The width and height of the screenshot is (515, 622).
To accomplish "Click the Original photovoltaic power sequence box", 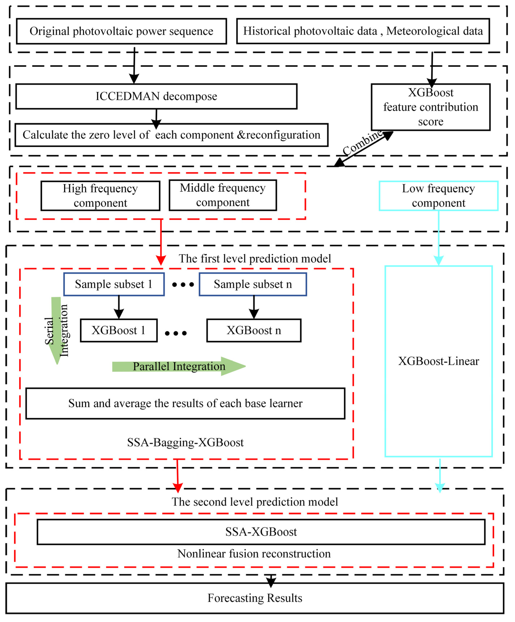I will coord(121,31).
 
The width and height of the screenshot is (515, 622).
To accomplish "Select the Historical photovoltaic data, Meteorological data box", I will coord(363,31).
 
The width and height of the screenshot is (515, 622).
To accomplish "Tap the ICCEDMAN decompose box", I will coord(156,96).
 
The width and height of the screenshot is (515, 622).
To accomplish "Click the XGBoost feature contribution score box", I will coord(431,107).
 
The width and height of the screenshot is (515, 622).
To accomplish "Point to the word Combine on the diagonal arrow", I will coord(363,143).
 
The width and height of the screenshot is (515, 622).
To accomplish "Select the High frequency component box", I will coord(100,196).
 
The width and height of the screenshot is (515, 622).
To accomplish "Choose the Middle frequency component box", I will coord(223,195).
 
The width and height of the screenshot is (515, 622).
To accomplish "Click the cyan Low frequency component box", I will coord(438,196).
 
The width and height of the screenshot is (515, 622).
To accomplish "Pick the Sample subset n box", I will coord(253,284).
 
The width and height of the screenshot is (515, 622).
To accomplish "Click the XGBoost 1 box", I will coord(119,330).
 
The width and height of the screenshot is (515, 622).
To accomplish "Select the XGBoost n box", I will coord(254,330).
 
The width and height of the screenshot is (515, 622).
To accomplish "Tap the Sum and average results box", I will coord(185,403).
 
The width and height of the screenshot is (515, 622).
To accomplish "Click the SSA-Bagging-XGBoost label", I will coord(185,443).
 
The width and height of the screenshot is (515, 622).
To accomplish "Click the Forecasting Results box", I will coord(255,598).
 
